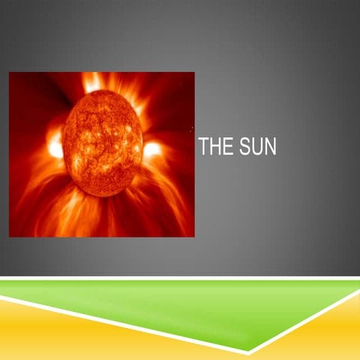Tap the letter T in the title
pyautogui.click(x=204, y=147)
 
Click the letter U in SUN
pyautogui.click(x=258, y=147)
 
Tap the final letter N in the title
pyautogui.click(x=271, y=147)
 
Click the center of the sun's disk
pyautogui.click(x=103, y=141)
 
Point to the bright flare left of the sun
pyautogui.click(x=55, y=145)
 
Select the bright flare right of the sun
pyautogui.click(x=153, y=148)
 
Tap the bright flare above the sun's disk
pyautogui.click(x=94, y=81)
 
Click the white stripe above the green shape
pyautogui.click(x=180, y=278)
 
